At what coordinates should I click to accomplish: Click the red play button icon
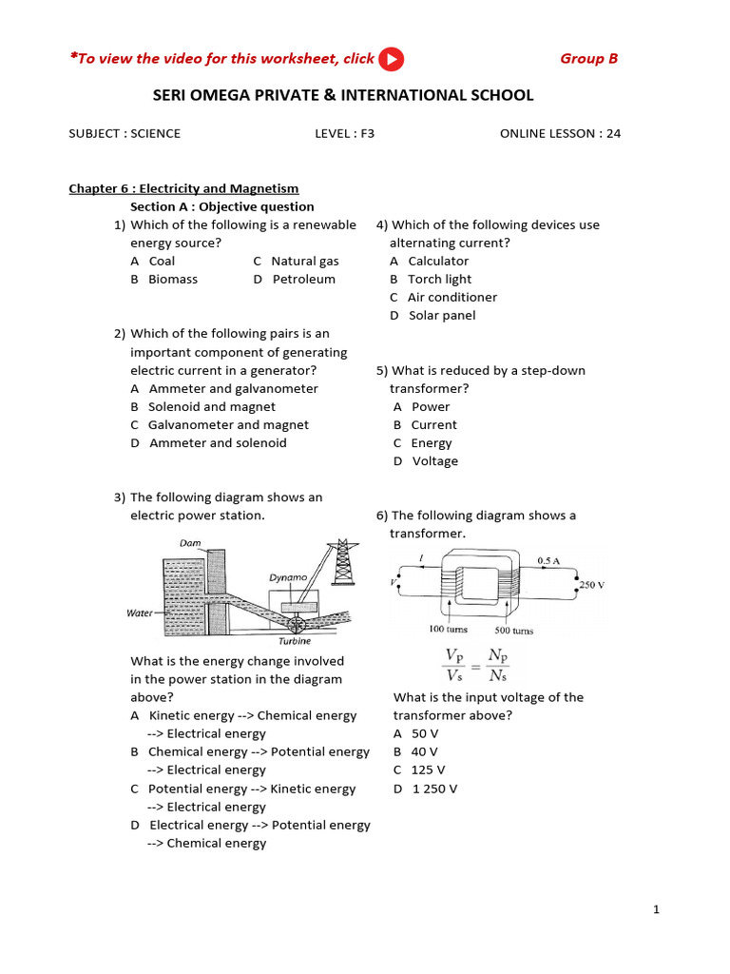point(391,59)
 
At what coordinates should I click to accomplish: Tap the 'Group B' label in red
point(588,59)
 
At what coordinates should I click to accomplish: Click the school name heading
point(343,95)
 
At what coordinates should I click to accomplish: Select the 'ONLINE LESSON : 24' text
point(560,133)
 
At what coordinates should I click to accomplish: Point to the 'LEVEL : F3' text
point(344,133)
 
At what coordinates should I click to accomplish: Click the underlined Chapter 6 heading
point(183,188)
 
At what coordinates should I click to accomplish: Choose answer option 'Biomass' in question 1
point(172,280)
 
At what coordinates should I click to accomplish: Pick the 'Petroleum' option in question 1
point(303,280)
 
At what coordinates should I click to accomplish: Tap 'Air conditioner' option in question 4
point(451,298)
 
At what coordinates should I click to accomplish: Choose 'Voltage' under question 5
point(434,461)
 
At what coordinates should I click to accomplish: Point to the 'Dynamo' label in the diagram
point(287,576)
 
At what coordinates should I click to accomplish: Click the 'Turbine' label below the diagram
point(295,641)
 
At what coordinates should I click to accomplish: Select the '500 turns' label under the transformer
point(513,631)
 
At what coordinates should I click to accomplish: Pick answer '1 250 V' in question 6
point(434,789)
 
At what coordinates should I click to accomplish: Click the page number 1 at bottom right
point(656,910)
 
